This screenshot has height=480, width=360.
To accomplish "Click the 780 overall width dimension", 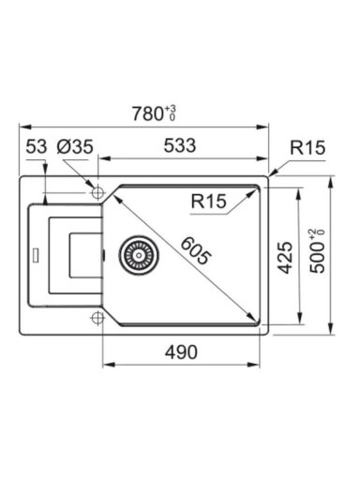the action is coord(146,113).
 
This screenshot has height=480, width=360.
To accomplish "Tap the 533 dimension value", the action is coord(180,145).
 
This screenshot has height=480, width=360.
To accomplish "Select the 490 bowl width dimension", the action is coord(181,352).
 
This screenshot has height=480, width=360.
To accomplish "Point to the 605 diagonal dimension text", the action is coord(196,251).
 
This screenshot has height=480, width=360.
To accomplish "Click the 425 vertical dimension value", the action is coord(285,257).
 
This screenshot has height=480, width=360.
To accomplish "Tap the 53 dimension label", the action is coord(37,146).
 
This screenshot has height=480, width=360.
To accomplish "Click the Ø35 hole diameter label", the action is coord(75,146).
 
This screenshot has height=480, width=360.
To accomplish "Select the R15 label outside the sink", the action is coord(307,147).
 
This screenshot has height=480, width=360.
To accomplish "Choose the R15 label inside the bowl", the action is coord(208,201).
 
